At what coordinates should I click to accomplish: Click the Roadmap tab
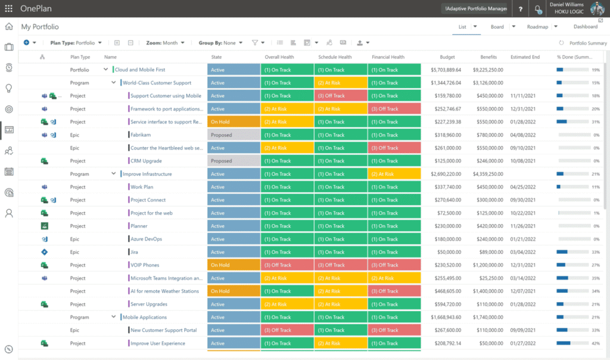point(537,27)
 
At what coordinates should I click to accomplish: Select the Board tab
point(497,27)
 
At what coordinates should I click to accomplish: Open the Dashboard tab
point(585,27)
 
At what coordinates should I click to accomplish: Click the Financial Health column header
point(388,57)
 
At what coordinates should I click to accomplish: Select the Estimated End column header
point(525,57)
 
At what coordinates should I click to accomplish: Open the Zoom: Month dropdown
point(165,43)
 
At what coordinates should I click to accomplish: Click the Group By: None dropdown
point(220,43)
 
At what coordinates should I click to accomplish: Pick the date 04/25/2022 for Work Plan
point(525,187)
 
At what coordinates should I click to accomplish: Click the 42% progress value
point(595,343)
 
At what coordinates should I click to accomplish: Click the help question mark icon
point(521,9)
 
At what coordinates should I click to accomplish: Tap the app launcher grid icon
point(8,8)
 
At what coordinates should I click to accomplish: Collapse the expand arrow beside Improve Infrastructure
point(113,174)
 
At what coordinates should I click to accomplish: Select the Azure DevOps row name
point(146,239)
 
